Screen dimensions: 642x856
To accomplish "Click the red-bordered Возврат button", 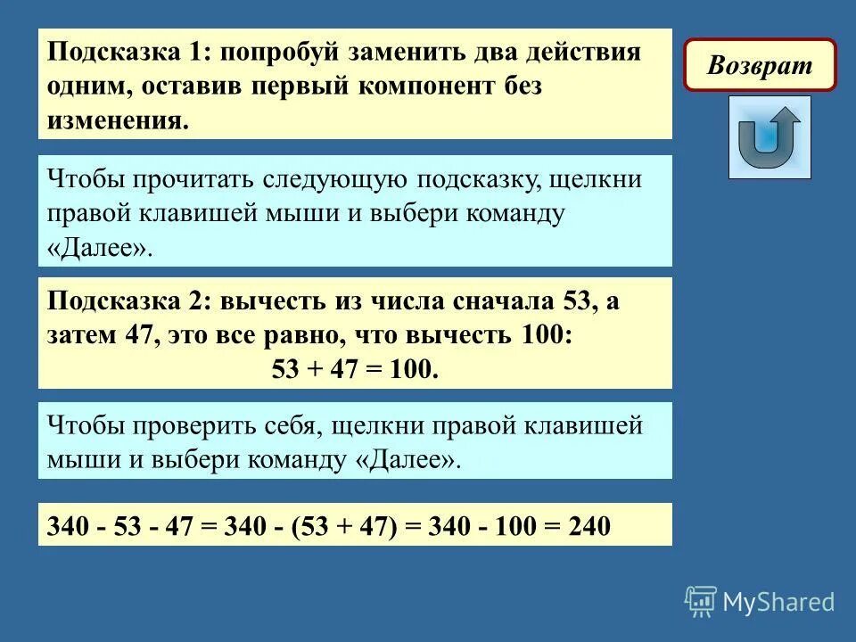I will coord(760,65).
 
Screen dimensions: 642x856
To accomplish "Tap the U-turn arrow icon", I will coord(769,137).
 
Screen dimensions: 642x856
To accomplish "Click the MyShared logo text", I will coord(778,602).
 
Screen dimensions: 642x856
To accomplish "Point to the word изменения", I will coord(119,120).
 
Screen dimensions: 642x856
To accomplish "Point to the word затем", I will coord(84,336).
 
